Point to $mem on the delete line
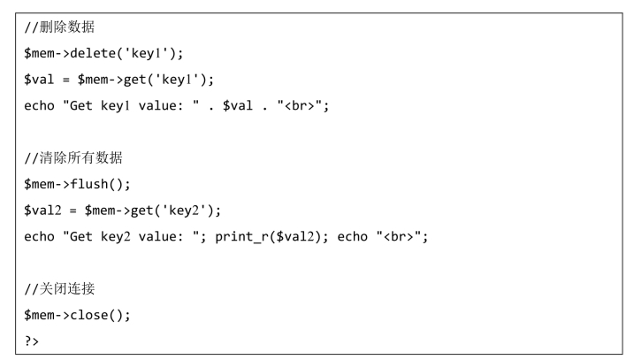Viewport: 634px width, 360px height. coord(39,54)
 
